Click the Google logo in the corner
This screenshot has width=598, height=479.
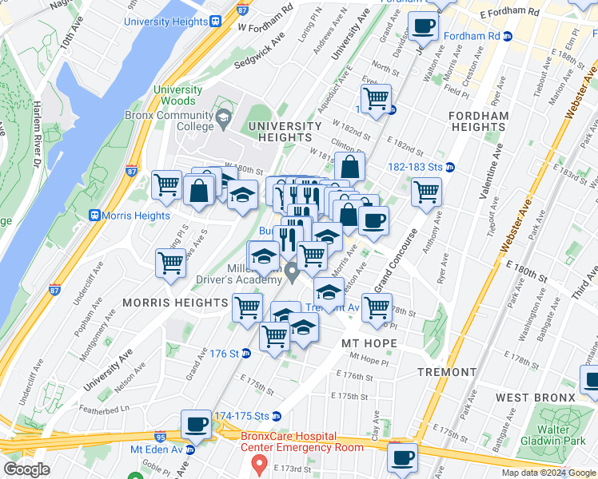[x=26, y=469]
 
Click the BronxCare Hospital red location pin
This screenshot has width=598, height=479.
[x=259, y=463]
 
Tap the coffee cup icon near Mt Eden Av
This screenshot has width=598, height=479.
[x=196, y=424]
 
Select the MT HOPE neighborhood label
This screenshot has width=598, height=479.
[x=369, y=342]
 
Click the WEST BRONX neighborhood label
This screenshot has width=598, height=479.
[x=535, y=398]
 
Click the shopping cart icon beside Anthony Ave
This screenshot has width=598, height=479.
[x=426, y=192]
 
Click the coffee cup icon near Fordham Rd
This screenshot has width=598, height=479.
[x=423, y=26]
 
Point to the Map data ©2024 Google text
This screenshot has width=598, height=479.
[x=548, y=473]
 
